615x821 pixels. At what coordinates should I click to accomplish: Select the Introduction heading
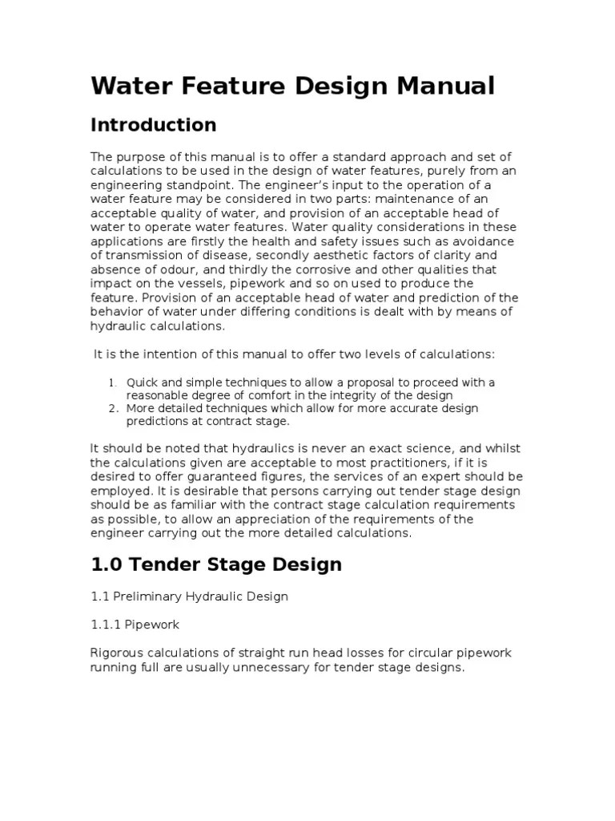click(153, 125)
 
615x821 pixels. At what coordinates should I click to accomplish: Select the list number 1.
click(113, 383)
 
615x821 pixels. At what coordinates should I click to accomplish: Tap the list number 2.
click(113, 409)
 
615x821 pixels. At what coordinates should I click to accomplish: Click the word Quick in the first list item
click(141, 382)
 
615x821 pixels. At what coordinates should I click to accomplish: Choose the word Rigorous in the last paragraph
click(117, 653)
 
